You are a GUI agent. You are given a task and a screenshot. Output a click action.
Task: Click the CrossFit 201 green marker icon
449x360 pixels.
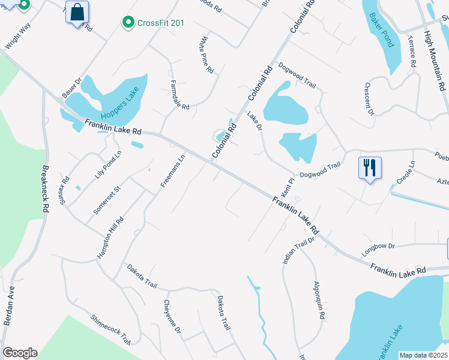click(128, 23)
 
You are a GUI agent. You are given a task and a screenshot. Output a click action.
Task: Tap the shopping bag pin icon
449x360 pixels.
click(77, 12)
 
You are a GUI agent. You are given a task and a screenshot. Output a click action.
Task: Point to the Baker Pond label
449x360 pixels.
click(382, 30)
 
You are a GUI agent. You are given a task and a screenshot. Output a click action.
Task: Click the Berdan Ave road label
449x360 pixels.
click(10, 306)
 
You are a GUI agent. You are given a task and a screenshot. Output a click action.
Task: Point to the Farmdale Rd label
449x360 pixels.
click(179, 94)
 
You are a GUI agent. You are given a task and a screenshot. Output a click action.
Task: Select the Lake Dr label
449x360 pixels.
click(255, 122)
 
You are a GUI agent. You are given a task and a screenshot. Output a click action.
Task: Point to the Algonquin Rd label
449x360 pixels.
click(319, 300)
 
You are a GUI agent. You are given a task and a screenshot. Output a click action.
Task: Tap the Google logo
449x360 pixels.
click(20, 353)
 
